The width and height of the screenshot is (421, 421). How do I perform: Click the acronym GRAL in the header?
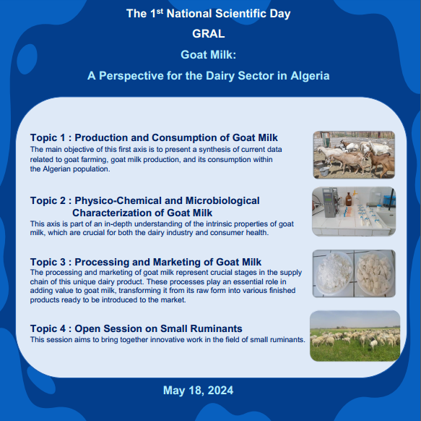pos(209,34)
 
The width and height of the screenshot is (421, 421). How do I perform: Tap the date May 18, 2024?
pos(198,391)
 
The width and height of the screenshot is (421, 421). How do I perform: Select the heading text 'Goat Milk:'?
pos(209,54)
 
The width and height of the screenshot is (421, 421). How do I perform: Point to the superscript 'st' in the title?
pos(160,11)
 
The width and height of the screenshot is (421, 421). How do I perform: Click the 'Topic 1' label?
pos(48,137)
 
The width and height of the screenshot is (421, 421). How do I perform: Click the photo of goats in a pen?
pos(354,155)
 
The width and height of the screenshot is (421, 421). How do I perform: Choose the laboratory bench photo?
pos(354,211)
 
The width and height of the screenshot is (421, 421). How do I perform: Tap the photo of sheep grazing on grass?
pos(355,336)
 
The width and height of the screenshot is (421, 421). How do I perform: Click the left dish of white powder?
pos(334,273)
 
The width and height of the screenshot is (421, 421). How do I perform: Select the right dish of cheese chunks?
pos(374,273)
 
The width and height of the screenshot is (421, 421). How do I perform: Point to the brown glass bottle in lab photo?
pos(348,199)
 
